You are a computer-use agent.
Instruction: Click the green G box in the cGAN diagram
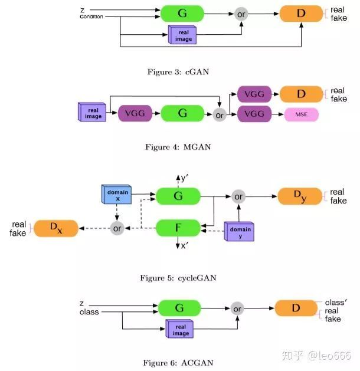point(182,13)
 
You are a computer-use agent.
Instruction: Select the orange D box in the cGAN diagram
point(301,13)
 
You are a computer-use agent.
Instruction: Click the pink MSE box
point(301,114)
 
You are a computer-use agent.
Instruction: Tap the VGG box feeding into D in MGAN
point(254,94)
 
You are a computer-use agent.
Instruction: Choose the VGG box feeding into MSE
point(254,114)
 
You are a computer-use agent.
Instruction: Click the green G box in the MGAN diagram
point(182,113)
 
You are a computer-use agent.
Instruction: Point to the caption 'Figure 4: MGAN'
point(178,147)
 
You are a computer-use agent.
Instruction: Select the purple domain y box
point(240,232)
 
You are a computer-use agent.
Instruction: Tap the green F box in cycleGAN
point(178,227)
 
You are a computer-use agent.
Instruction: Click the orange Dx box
point(55,228)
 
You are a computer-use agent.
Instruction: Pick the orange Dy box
point(300,196)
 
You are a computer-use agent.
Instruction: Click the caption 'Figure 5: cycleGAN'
point(178,277)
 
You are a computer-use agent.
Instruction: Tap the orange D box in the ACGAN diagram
point(296,308)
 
